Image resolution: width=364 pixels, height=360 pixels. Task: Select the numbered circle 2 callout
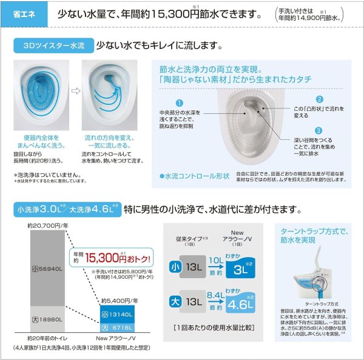(x=319, y=99)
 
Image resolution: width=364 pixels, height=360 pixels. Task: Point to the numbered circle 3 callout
(x=318, y=130)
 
